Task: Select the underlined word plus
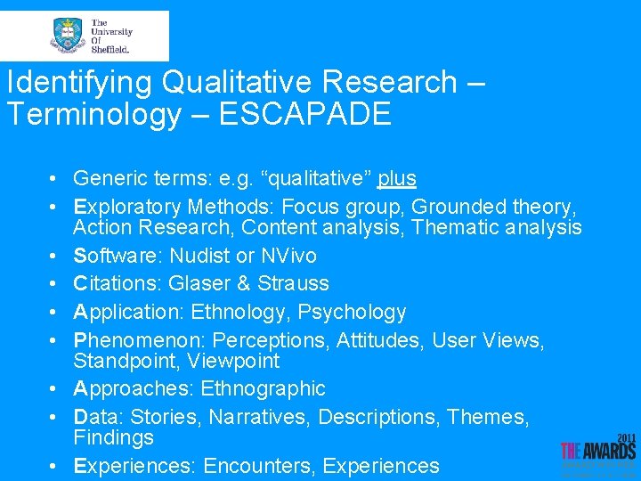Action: click(x=397, y=178)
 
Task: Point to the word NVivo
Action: click(x=288, y=256)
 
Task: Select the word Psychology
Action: click(x=352, y=312)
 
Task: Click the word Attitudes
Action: click(x=385, y=339)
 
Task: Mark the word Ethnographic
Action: click(x=264, y=388)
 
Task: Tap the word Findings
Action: click(x=113, y=437)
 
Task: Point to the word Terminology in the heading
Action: click(x=93, y=114)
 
